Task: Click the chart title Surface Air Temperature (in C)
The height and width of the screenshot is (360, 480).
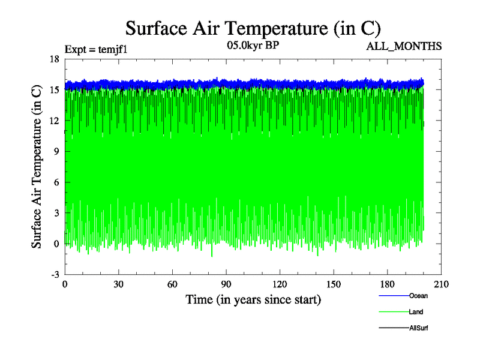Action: [x=253, y=28]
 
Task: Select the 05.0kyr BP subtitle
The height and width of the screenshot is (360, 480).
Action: [x=252, y=46]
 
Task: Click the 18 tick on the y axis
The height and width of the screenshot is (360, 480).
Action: [x=54, y=59]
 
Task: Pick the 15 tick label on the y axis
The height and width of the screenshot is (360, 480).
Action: [x=54, y=89]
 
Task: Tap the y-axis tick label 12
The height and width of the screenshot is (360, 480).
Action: [x=54, y=121]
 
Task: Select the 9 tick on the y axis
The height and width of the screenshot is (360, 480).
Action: [x=56, y=151]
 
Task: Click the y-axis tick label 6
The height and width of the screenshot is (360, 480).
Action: [x=56, y=182]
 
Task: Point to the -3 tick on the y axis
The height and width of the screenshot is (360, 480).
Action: [x=54, y=274]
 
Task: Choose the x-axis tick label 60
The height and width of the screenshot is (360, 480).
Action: [x=172, y=284]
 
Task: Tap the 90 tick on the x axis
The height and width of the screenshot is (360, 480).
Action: [x=226, y=284]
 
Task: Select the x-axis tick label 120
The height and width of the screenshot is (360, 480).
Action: [x=280, y=284]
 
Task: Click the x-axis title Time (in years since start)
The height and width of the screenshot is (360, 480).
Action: [x=253, y=299]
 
